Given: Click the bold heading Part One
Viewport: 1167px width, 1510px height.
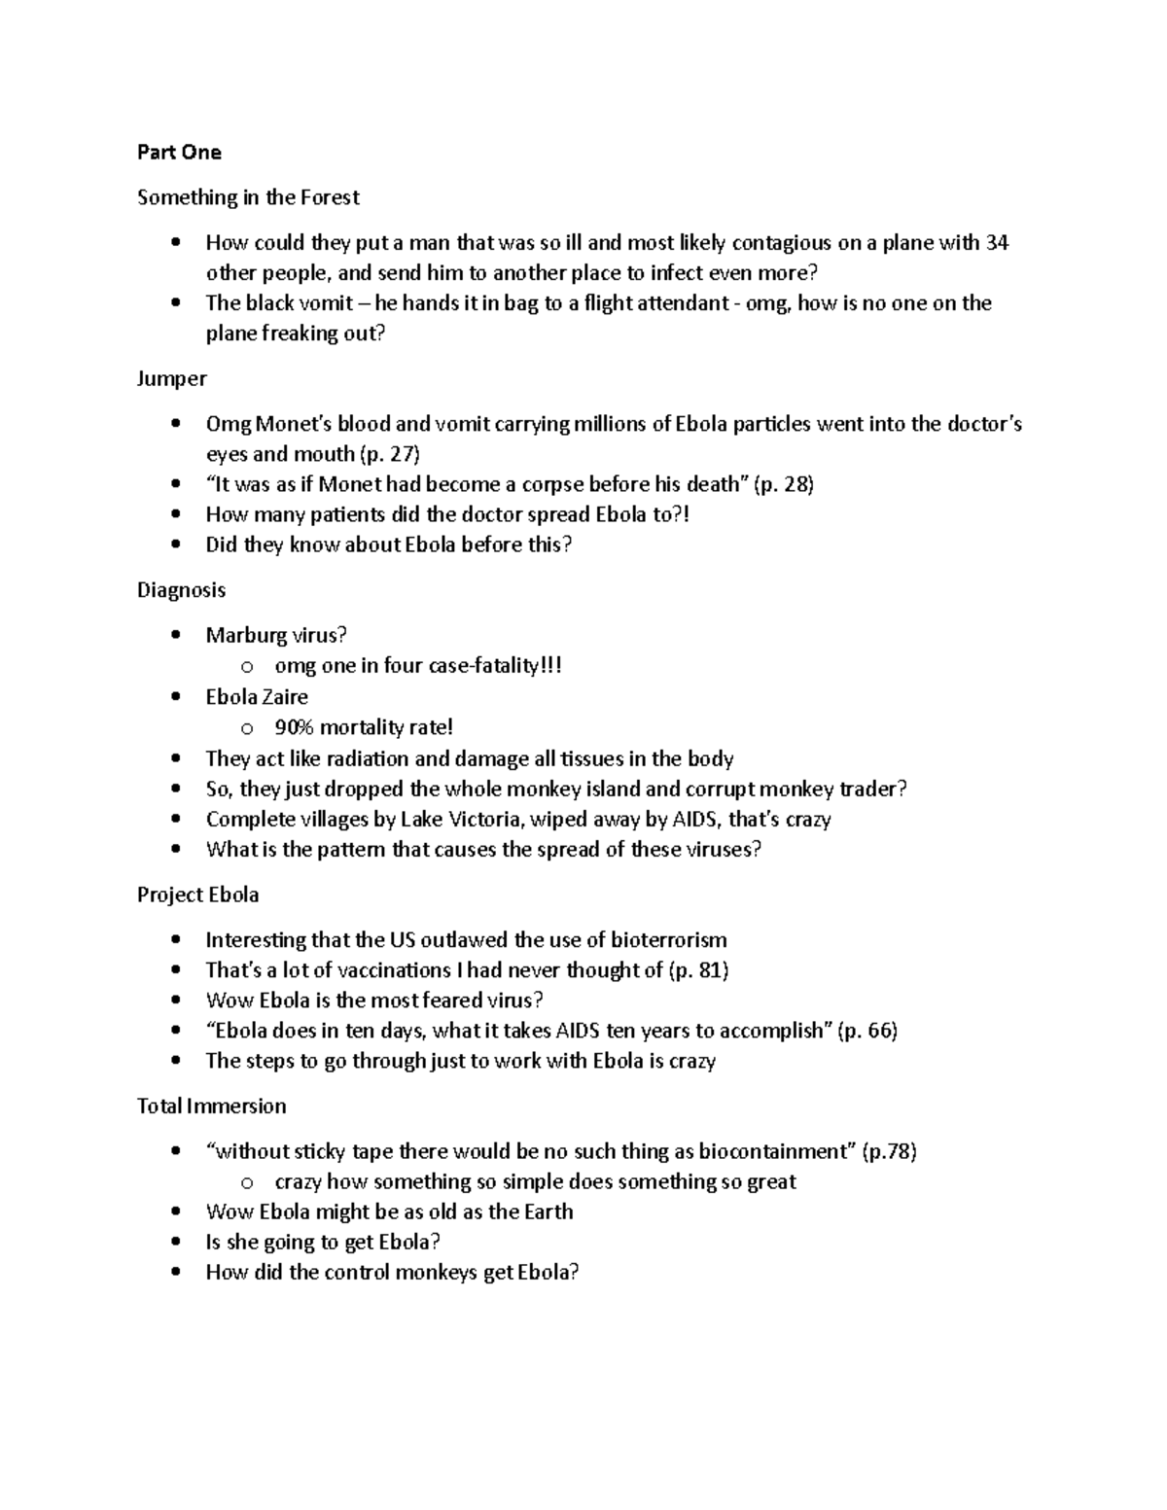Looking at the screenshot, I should coord(179,153).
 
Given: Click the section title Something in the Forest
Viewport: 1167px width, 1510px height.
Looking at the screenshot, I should coord(248,197).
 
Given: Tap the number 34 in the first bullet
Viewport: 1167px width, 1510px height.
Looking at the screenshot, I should coord(997,243).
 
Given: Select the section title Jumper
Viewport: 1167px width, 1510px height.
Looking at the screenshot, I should coord(172,379).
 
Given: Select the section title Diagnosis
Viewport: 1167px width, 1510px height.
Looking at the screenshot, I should coord(181,590).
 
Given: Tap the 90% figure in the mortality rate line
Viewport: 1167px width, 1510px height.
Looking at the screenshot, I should coord(296,727).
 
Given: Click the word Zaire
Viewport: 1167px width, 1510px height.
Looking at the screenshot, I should coord(284,697).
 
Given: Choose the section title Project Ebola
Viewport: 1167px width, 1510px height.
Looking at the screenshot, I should coord(197,895).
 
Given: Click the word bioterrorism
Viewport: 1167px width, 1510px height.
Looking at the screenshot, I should coord(668,940).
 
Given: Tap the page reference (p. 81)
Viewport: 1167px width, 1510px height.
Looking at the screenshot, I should coord(699,970).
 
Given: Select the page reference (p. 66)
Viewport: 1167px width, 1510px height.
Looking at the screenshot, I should coord(867,1031).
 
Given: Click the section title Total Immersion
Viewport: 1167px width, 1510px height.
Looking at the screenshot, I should coord(211,1106).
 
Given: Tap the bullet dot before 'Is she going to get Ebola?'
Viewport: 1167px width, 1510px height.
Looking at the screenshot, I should coord(175,1243).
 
